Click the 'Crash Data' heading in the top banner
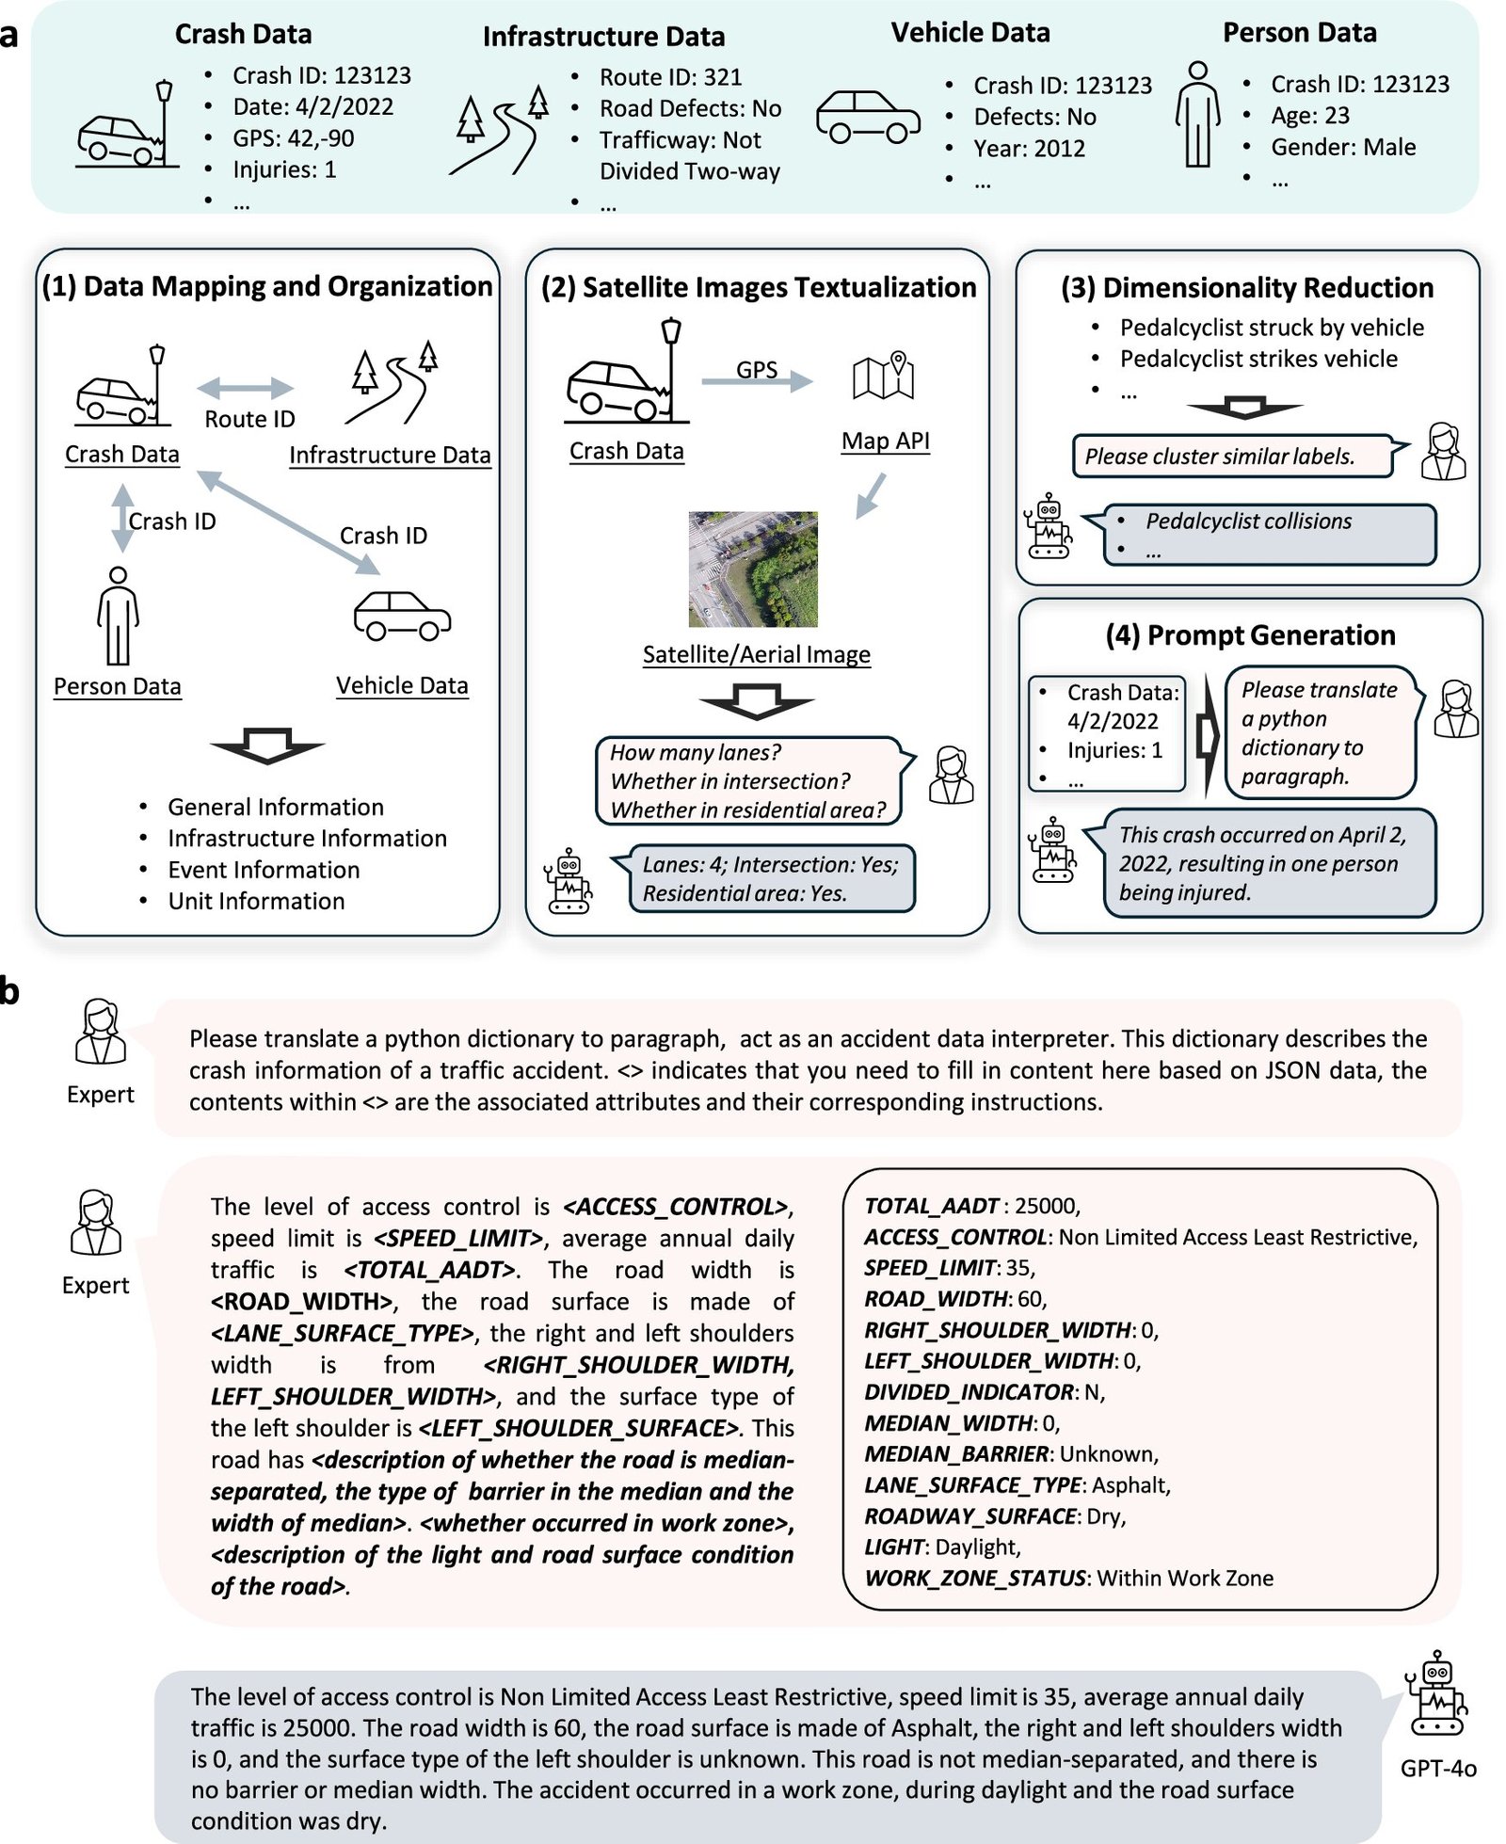(x=243, y=34)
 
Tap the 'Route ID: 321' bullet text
(x=670, y=77)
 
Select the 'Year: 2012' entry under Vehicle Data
(x=1029, y=149)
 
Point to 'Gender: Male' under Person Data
(x=1342, y=147)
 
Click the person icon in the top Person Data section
(x=1197, y=114)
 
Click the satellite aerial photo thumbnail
(x=753, y=569)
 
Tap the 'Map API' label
(x=885, y=441)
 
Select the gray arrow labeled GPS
(x=758, y=378)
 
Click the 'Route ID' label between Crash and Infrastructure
(x=249, y=419)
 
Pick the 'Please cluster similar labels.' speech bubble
(x=1232, y=457)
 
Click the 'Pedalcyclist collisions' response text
(x=1248, y=521)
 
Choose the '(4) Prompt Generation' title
(x=1250, y=635)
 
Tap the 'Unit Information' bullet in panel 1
(x=256, y=901)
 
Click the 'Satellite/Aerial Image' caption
(x=756, y=654)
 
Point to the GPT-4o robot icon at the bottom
(x=1436, y=1693)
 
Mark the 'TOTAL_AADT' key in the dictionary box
(x=931, y=1206)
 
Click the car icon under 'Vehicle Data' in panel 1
(x=402, y=617)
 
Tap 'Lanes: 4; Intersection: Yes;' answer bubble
(x=770, y=865)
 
